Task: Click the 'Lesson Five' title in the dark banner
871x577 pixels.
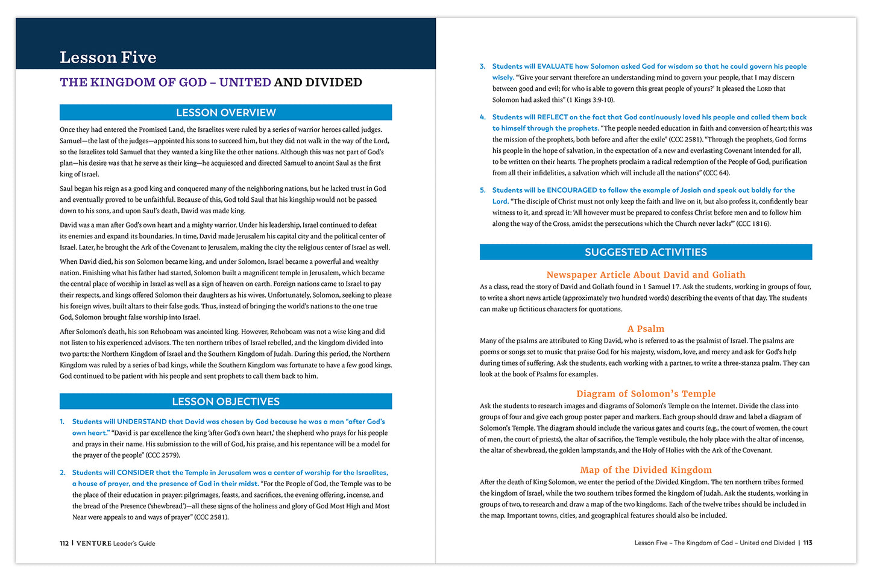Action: click(x=108, y=57)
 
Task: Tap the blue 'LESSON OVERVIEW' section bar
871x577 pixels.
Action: click(x=225, y=113)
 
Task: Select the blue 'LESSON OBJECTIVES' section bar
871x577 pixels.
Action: click(x=225, y=402)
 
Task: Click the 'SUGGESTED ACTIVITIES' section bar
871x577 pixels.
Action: click(x=646, y=252)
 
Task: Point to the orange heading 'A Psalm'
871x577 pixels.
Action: click(x=646, y=329)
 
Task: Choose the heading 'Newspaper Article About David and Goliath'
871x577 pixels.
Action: click(x=646, y=275)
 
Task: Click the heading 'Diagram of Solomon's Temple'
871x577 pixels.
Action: click(x=646, y=394)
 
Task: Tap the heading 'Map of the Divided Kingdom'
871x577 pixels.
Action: click(x=646, y=470)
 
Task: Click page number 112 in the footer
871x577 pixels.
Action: click(x=64, y=543)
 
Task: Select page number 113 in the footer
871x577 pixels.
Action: click(x=808, y=543)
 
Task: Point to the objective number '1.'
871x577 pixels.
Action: click(x=62, y=422)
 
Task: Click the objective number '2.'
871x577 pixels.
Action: click(x=62, y=473)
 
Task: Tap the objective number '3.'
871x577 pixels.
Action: click(x=482, y=66)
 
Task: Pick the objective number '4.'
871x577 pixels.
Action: click(x=482, y=117)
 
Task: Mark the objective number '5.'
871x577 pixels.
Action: click(x=482, y=190)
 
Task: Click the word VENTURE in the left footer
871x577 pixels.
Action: click(x=94, y=543)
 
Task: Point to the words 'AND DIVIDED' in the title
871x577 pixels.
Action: click(x=318, y=83)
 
